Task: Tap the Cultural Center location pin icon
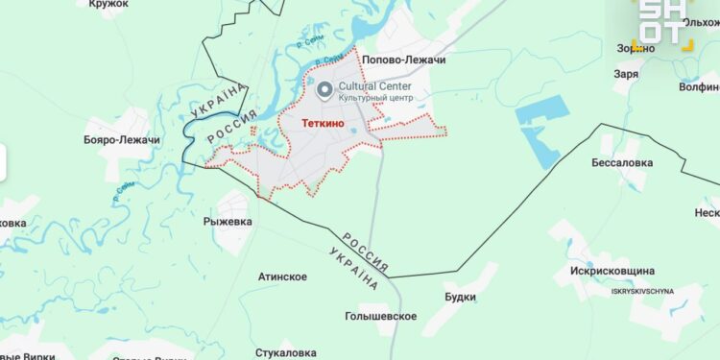coord(324,90)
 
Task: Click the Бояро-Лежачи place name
coord(122,140)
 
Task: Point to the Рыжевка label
coord(228,222)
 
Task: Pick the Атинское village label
coord(282,277)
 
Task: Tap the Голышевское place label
coord(380,316)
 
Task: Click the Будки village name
coord(460,298)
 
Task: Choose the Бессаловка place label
coord(622,162)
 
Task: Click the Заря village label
coord(628,73)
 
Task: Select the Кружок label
coord(108,5)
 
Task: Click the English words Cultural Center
coord(376,85)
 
